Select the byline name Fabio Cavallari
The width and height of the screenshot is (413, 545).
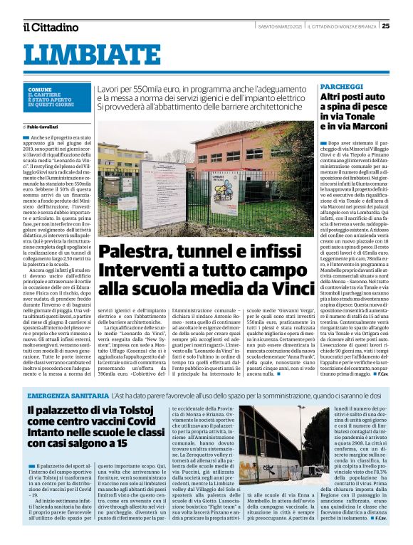(x=46, y=127)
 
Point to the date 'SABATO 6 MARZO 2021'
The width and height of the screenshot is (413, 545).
(x=281, y=27)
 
